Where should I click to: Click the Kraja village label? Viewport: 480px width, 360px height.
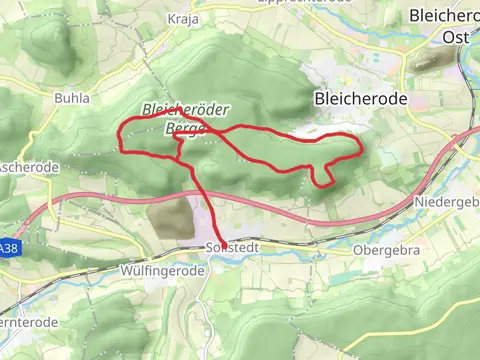pyautogui.click(x=183, y=19)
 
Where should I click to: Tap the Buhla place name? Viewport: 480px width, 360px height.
pyautogui.click(x=73, y=99)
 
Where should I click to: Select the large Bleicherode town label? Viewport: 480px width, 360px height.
pyautogui.click(x=360, y=99)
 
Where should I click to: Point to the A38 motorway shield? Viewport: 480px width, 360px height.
pyautogui.click(x=8, y=247)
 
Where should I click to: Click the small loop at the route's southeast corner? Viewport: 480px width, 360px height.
pyautogui.click(x=322, y=177)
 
